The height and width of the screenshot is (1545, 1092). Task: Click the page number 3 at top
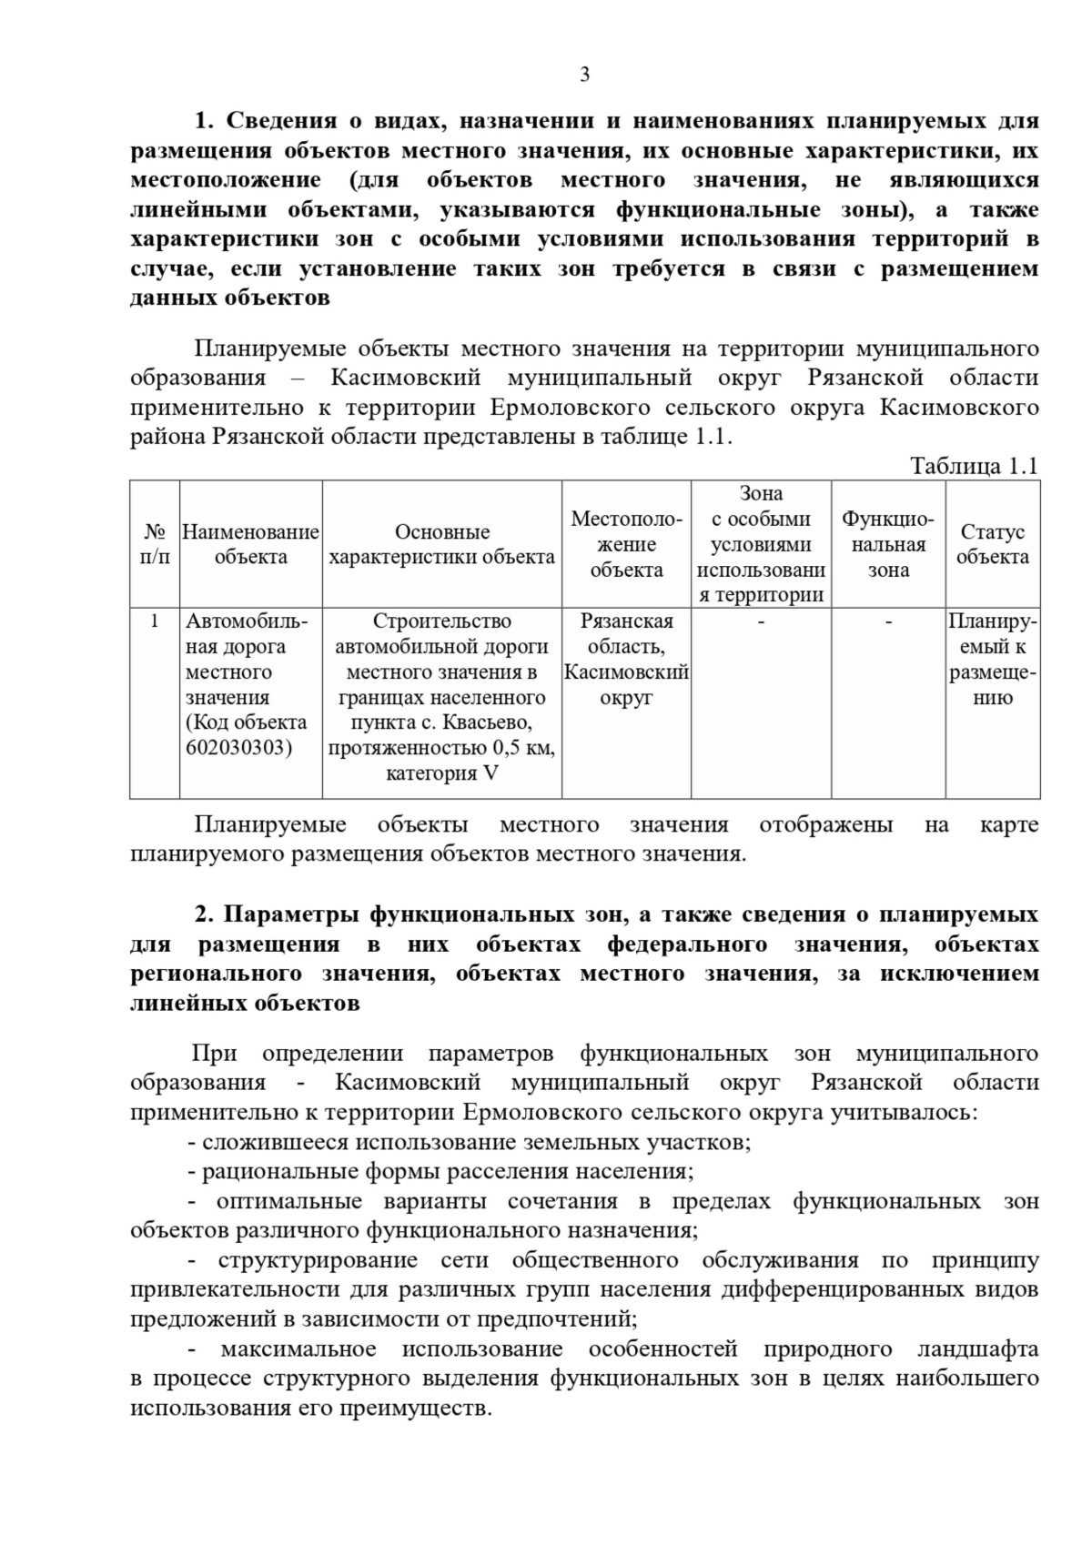[584, 75]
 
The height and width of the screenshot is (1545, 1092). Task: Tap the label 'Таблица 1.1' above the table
[974, 467]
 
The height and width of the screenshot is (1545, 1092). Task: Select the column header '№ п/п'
[155, 544]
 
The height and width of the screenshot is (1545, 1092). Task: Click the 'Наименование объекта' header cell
[250, 544]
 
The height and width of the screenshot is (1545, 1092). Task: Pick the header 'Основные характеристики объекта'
[442, 544]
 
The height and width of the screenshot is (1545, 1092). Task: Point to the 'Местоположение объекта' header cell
[626, 544]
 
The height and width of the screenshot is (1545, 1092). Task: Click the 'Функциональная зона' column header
[888, 544]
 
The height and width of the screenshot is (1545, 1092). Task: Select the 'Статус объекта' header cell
[992, 544]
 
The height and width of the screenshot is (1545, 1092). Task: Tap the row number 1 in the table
[155, 621]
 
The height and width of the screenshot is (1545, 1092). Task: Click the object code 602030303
[239, 748]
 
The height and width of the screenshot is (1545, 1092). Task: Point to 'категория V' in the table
[442, 773]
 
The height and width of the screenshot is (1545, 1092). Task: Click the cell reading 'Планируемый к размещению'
[992, 660]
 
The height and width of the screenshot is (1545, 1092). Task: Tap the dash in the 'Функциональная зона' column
[888, 621]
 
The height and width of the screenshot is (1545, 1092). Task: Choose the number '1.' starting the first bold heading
[204, 121]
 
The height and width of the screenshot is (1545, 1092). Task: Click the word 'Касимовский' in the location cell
[626, 672]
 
